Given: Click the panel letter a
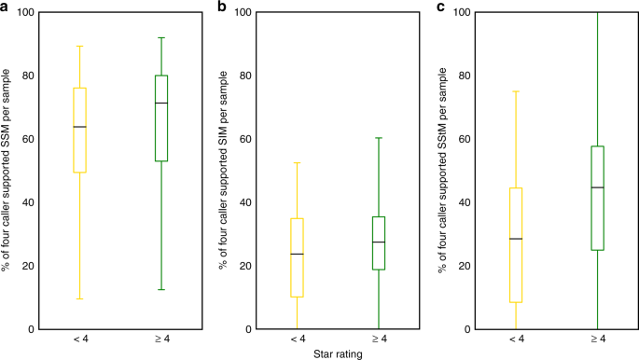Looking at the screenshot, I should click(x=6, y=7).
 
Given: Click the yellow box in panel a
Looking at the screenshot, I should click(x=79, y=130).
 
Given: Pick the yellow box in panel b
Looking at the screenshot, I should click(x=297, y=257).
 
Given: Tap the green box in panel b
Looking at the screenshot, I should click(x=378, y=242).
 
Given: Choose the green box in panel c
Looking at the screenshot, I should click(x=597, y=198).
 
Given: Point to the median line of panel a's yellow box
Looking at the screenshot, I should click(x=79, y=127).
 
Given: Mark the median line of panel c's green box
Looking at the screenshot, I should click(x=597, y=187).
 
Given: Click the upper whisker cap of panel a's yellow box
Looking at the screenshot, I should click(x=79, y=46).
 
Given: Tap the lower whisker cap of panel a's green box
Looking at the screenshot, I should click(x=161, y=289).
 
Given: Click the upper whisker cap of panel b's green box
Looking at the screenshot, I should click(x=378, y=138).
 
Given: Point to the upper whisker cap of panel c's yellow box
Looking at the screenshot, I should click(x=516, y=91).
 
